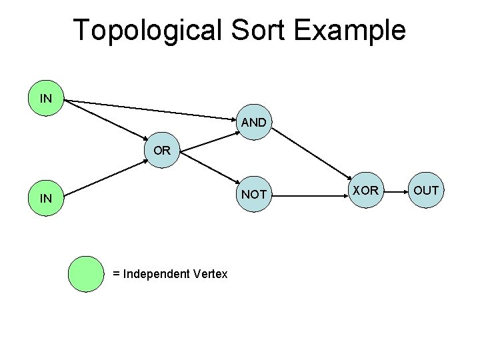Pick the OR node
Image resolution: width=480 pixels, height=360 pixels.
click(x=162, y=151)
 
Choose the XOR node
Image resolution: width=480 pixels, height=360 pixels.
click(x=365, y=191)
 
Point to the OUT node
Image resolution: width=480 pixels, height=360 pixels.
click(x=425, y=191)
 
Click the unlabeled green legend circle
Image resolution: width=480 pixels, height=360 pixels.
click(x=87, y=275)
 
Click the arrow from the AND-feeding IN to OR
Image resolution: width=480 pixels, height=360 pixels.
click(x=107, y=123)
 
